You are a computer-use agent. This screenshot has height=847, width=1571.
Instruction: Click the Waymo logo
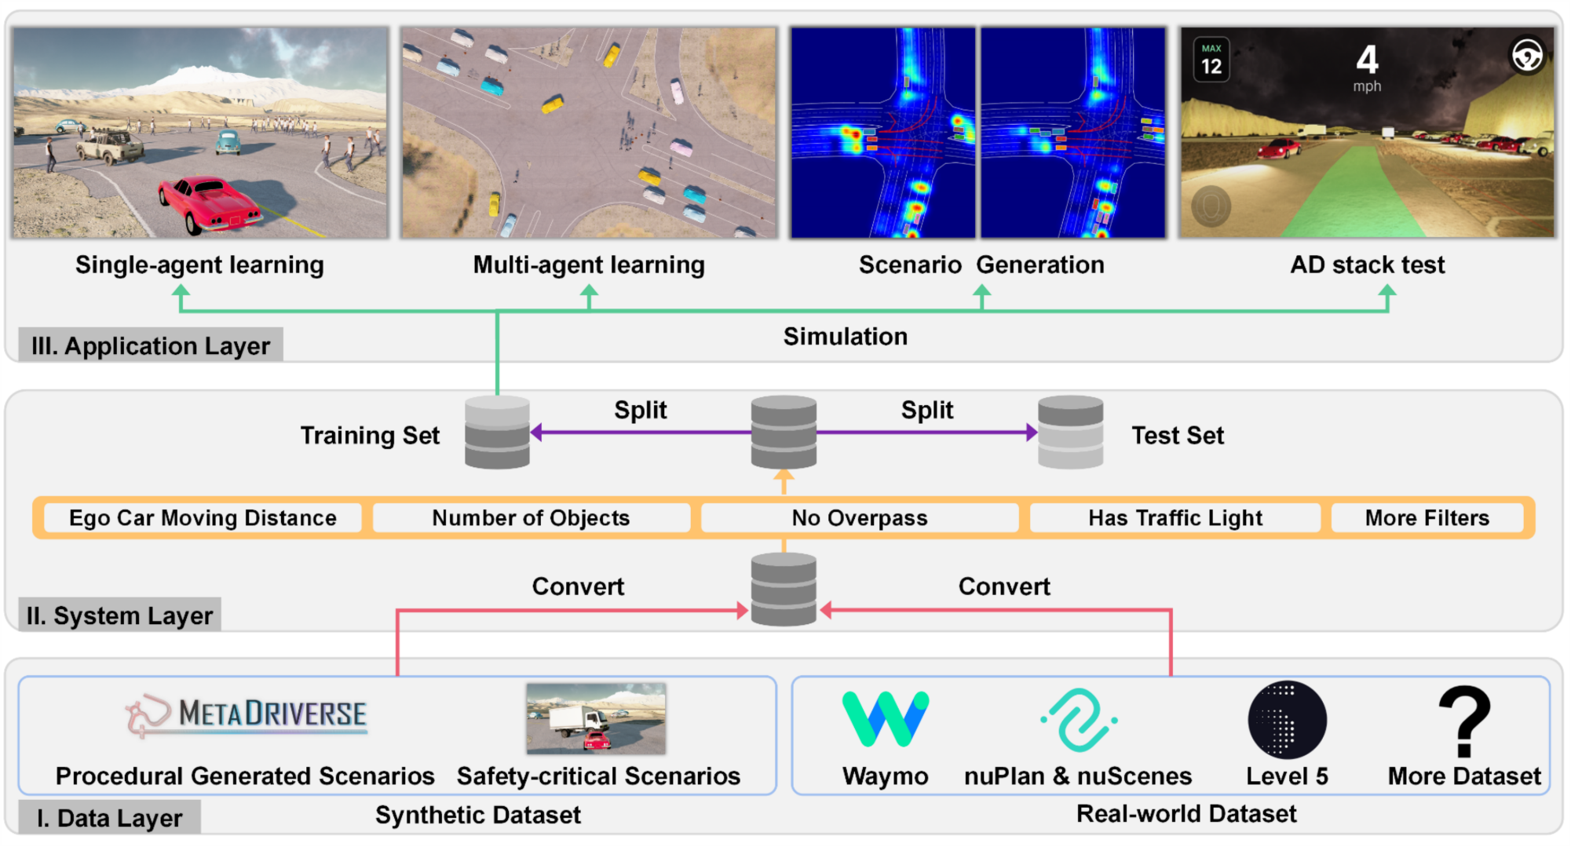885,718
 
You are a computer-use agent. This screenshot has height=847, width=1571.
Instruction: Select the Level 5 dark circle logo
1287,719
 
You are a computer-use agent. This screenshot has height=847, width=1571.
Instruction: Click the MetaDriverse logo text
272,714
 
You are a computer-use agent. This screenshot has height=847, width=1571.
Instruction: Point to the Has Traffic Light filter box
1175,518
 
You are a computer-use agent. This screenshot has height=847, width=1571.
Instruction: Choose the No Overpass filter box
860,518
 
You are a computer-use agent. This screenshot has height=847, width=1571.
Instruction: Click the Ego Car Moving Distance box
203,518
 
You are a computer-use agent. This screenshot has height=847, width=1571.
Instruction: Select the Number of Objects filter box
531,518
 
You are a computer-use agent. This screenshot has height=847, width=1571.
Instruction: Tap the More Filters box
1427,518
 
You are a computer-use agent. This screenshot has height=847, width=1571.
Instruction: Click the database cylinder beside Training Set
497,433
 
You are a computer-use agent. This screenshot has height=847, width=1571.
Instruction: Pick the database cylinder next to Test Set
1070,433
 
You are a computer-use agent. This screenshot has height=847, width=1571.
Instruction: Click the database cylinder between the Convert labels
784,590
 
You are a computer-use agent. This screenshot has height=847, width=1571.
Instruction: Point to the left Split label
640,410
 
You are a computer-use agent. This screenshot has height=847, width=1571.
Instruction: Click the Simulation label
845,336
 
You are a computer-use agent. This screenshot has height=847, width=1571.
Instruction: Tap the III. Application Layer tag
150,345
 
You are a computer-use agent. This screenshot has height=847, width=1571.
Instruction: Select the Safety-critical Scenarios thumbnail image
596,718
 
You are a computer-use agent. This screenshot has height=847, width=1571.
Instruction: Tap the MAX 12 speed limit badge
1211,60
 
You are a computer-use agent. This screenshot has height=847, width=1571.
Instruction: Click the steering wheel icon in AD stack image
1527,55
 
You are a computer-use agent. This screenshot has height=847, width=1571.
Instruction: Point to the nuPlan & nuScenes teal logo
1080,719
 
